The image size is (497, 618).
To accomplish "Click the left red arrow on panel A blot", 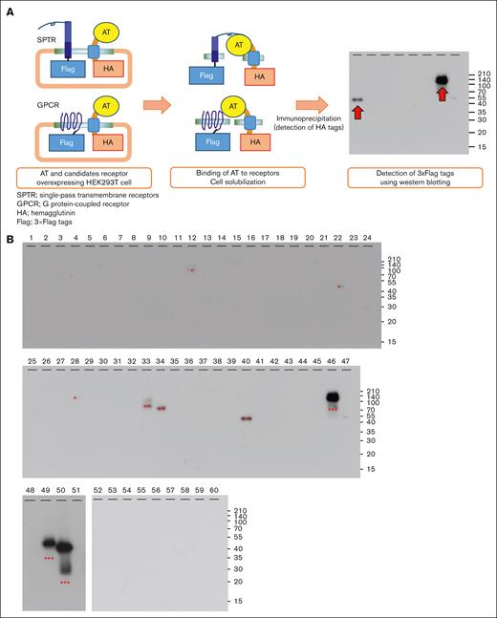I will (357, 114).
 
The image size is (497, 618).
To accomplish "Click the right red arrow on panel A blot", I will (442, 93).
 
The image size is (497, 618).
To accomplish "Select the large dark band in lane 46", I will (333, 396).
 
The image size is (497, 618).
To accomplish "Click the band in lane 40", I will (247, 418).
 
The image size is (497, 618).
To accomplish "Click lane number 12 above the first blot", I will (191, 236).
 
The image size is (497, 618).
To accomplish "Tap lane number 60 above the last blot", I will (215, 490).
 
